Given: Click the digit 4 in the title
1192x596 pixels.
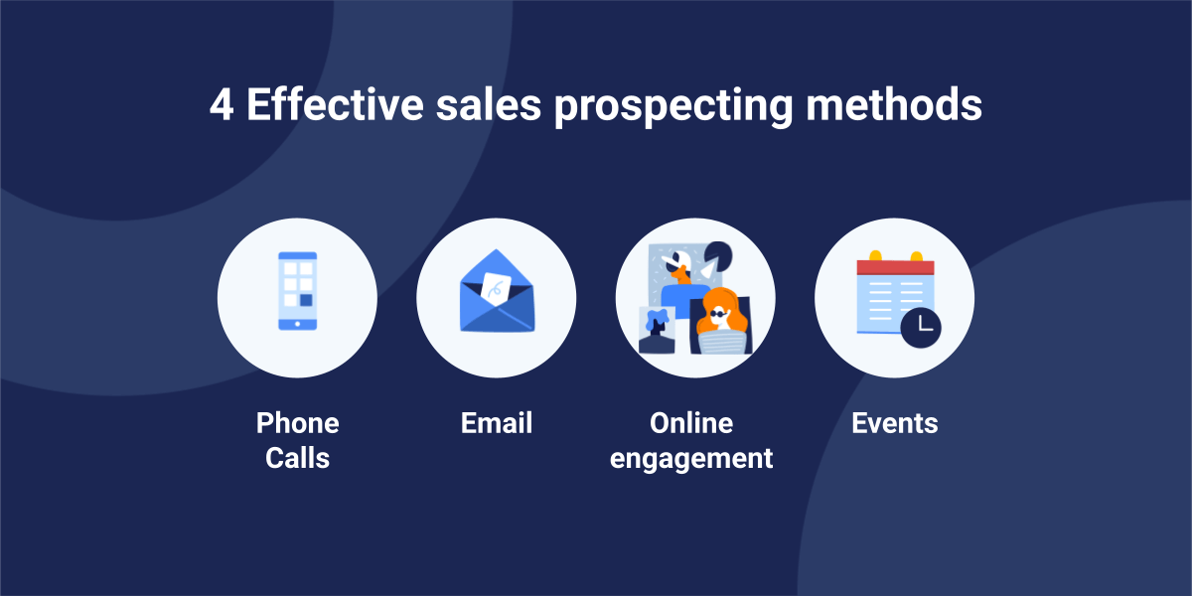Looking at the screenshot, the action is click(222, 105).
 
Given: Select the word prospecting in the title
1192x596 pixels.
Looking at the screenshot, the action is click(673, 106).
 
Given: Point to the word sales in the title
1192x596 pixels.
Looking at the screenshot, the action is click(489, 104).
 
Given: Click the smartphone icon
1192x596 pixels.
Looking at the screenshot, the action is click(297, 291).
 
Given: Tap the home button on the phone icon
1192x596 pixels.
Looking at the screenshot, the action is click(297, 324).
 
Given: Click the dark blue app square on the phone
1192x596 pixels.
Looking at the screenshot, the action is click(306, 300).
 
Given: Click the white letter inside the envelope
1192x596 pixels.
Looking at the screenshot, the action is click(496, 289).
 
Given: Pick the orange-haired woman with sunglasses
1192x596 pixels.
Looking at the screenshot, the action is click(721, 323).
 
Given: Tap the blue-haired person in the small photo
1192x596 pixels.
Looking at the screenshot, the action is click(657, 330).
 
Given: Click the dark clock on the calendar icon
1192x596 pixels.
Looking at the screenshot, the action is click(921, 328).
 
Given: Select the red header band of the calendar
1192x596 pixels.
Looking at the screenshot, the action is click(896, 267).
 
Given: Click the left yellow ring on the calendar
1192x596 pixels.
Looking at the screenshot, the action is click(875, 255).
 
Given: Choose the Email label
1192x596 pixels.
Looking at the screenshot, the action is click(497, 423).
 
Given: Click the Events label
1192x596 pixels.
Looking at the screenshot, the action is click(895, 423).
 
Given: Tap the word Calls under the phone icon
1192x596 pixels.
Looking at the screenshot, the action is click(297, 458).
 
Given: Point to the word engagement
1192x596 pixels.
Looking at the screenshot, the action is click(691, 459).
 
